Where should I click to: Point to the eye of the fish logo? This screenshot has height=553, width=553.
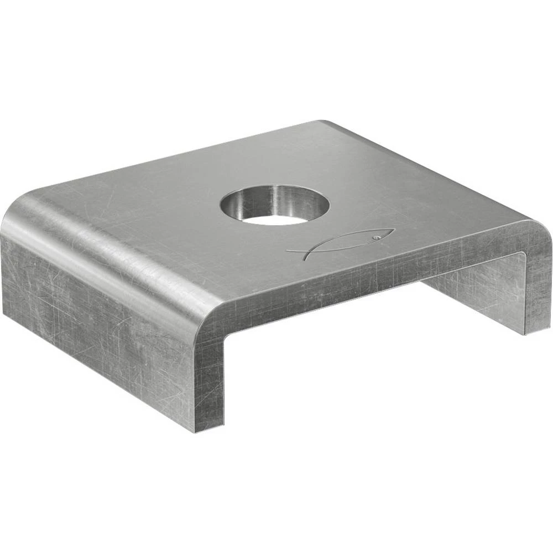(375, 237)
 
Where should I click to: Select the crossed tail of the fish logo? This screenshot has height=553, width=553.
(296, 251)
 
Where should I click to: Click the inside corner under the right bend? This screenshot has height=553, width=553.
(523, 254)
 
